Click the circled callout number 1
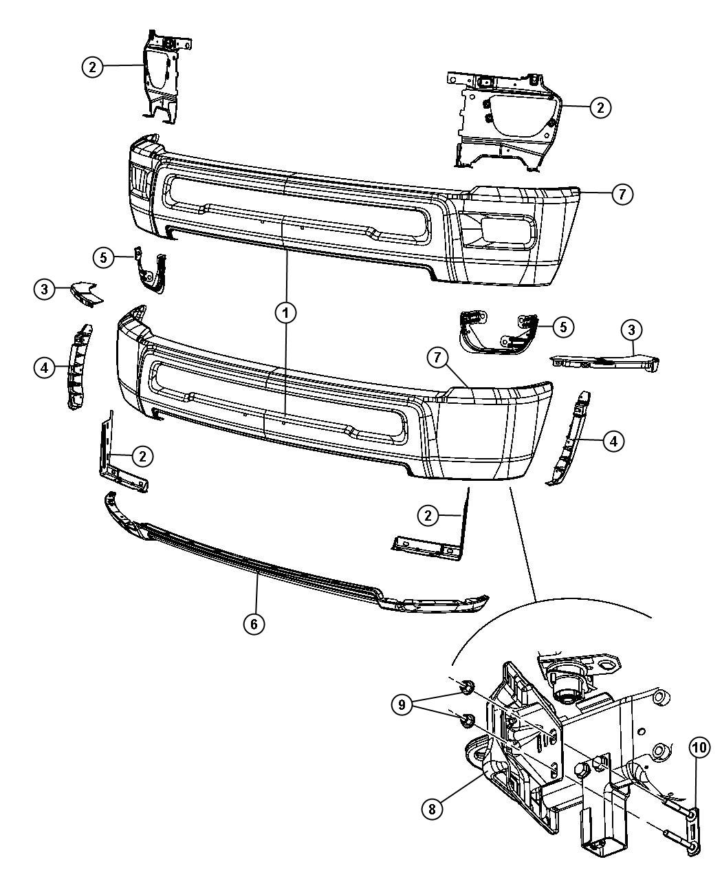point(286,314)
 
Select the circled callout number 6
point(254,624)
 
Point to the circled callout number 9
point(404,704)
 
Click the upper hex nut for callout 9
point(463,686)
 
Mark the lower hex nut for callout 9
point(466,720)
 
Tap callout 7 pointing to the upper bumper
point(621,195)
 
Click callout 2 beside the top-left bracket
point(93,67)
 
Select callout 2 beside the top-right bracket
point(600,107)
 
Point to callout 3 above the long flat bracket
point(632,330)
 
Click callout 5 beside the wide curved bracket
point(562,327)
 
